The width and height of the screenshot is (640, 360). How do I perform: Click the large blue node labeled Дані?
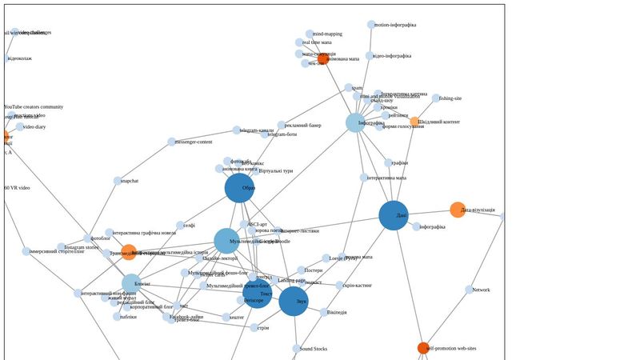pos(393,215)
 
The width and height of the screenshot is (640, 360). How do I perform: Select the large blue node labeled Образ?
pos(239,188)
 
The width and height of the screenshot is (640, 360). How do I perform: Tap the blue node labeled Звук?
pos(294,301)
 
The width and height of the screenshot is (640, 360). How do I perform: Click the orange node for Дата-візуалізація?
pos(458,210)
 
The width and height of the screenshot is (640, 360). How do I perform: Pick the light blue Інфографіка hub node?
pos(355,122)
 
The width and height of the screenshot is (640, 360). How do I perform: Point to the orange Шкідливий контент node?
pos(414,122)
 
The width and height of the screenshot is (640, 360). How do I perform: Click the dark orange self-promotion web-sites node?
pos(423,348)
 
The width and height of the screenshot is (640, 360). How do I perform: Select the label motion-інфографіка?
pos(394,25)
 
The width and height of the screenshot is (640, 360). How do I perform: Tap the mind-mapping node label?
pos(327,34)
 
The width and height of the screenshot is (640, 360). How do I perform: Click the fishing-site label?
pos(450,98)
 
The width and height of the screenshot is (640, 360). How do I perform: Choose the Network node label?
pos(481,290)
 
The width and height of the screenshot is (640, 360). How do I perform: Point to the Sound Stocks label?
pos(314,349)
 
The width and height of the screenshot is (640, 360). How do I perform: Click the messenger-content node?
pos(171,142)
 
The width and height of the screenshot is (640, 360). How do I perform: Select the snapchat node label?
pos(129,181)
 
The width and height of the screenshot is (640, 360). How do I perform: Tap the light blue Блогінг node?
pos(131,283)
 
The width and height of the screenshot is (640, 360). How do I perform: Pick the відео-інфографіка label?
pos(392,56)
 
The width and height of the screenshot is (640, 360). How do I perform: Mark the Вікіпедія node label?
pos(337,313)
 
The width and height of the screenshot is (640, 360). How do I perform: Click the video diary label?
pos(34,127)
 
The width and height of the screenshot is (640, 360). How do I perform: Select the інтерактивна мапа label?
pos(386,178)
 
